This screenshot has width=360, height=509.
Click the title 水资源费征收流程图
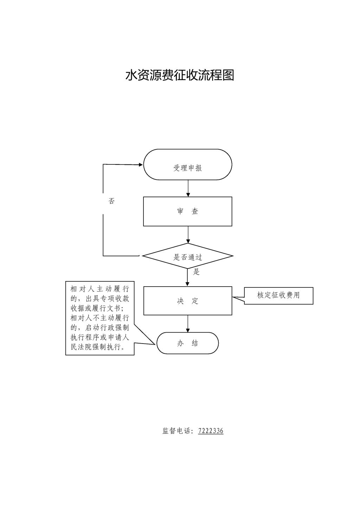[x=180, y=75]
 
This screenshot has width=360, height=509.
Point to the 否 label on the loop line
[x=111, y=201]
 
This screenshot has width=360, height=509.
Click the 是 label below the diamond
[x=196, y=272]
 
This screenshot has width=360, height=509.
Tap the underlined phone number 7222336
[x=211, y=431]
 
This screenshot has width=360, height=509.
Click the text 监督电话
[x=177, y=431]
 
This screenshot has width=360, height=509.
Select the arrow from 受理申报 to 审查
[x=188, y=188]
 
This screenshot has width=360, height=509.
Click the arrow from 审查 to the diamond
[x=188, y=235]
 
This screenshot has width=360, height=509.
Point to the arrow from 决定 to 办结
[x=188, y=324]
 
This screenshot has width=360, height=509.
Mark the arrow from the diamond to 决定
[x=187, y=278]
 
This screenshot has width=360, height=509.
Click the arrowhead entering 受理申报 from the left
[x=141, y=164]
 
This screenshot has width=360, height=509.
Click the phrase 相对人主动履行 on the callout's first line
[x=99, y=289]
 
